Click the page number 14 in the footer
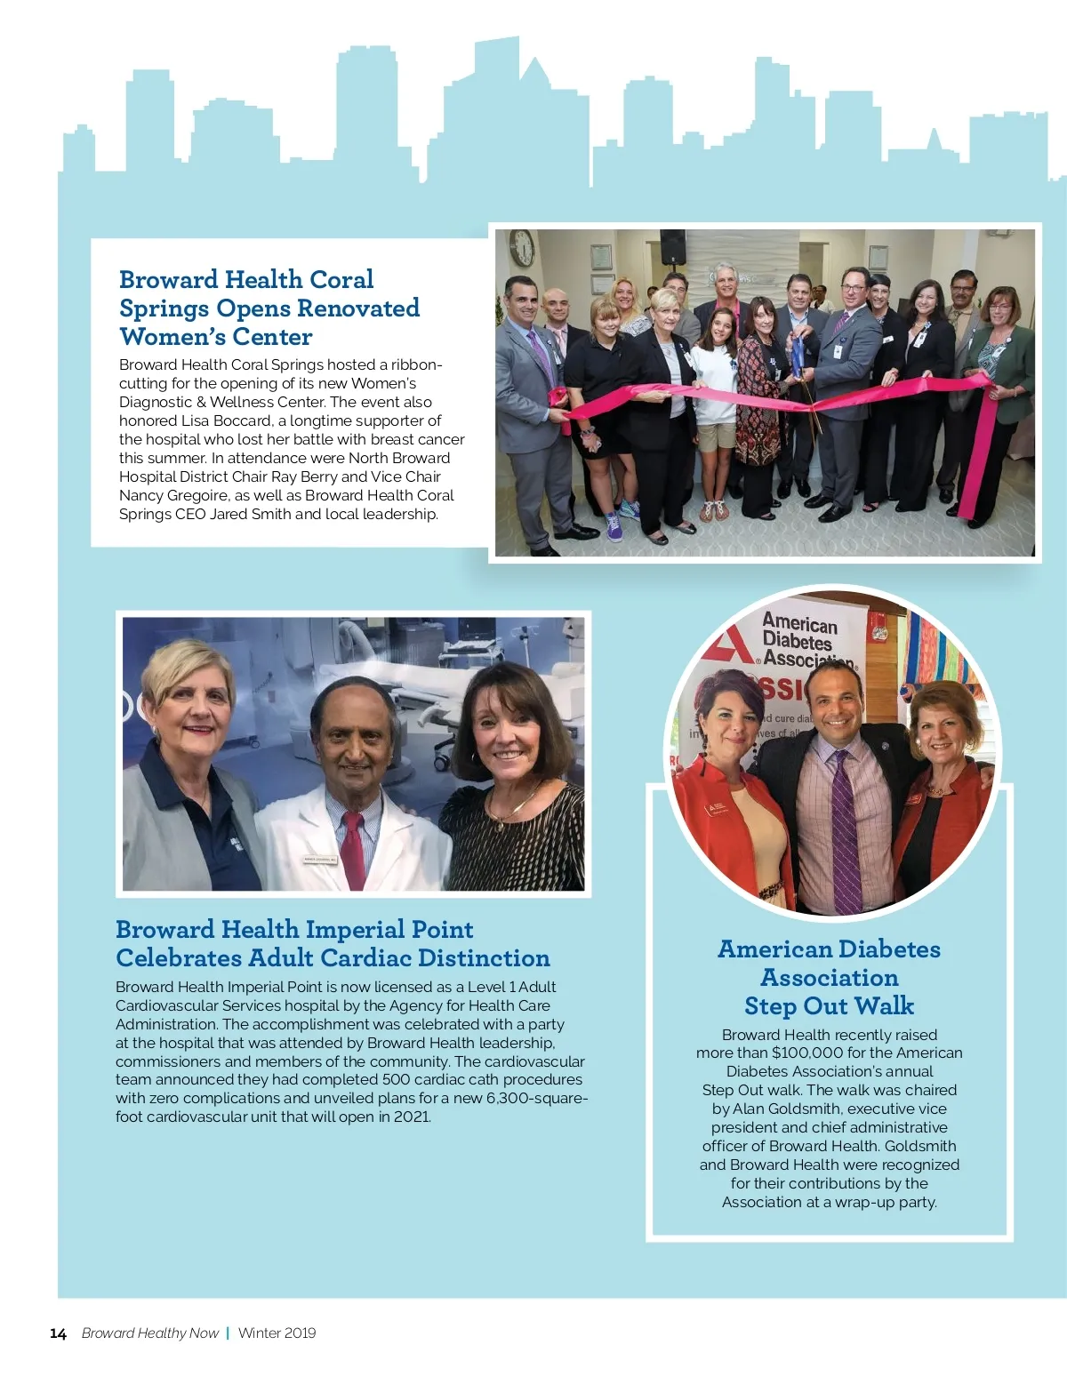point(58,1333)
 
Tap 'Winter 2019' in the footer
point(277,1333)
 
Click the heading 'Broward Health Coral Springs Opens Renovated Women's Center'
point(269,308)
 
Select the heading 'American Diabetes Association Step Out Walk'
point(829,977)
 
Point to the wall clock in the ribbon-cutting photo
point(522,248)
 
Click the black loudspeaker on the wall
point(672,246)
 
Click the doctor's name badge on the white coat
point(320,860)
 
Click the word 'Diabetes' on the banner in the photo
point(797,641)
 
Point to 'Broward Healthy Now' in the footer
point(149,1333)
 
